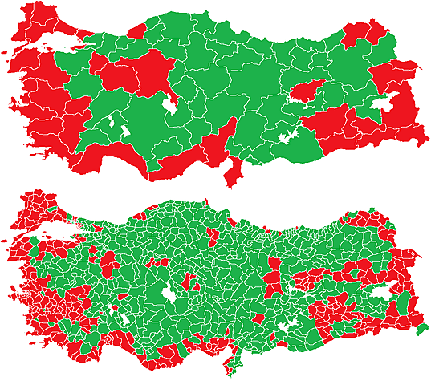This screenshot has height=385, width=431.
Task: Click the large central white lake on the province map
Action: pyautogui.click(x=171, y=104)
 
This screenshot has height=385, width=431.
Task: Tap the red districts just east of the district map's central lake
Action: pyautogui.click(x=192, y=282)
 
